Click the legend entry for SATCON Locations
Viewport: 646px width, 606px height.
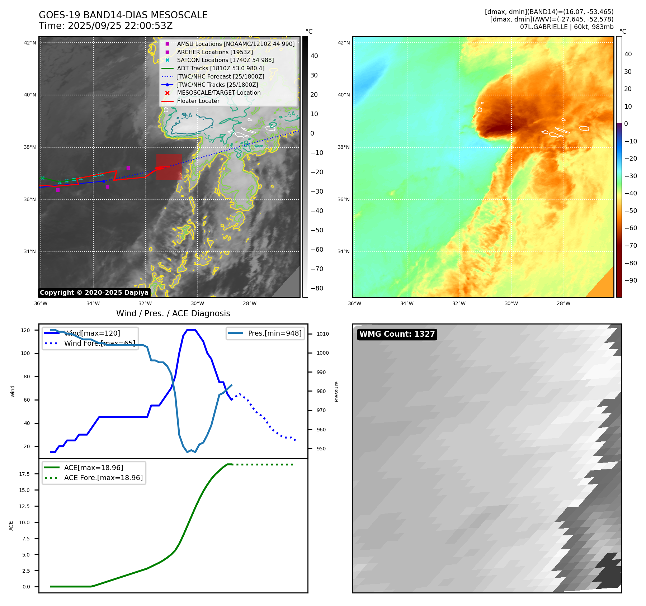225,60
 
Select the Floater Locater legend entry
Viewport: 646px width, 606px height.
198,101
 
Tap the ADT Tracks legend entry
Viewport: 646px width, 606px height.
221,68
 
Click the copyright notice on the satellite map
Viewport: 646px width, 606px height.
94,293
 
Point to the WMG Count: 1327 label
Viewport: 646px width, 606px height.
397,334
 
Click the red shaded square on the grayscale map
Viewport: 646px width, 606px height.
169,167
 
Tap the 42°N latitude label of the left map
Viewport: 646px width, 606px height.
30,43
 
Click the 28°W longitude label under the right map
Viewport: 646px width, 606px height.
564,303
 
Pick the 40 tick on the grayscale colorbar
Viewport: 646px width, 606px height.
314,56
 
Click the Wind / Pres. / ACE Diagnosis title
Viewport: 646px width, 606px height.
173,313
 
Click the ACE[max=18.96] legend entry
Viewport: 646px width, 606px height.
94,468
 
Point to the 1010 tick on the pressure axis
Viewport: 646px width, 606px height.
322,334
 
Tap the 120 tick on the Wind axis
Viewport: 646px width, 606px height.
25,330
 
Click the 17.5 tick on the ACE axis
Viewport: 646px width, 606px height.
24,474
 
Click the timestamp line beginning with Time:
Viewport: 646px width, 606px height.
106,26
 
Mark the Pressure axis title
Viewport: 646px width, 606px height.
336,392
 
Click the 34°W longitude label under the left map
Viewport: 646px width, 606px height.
93,303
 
